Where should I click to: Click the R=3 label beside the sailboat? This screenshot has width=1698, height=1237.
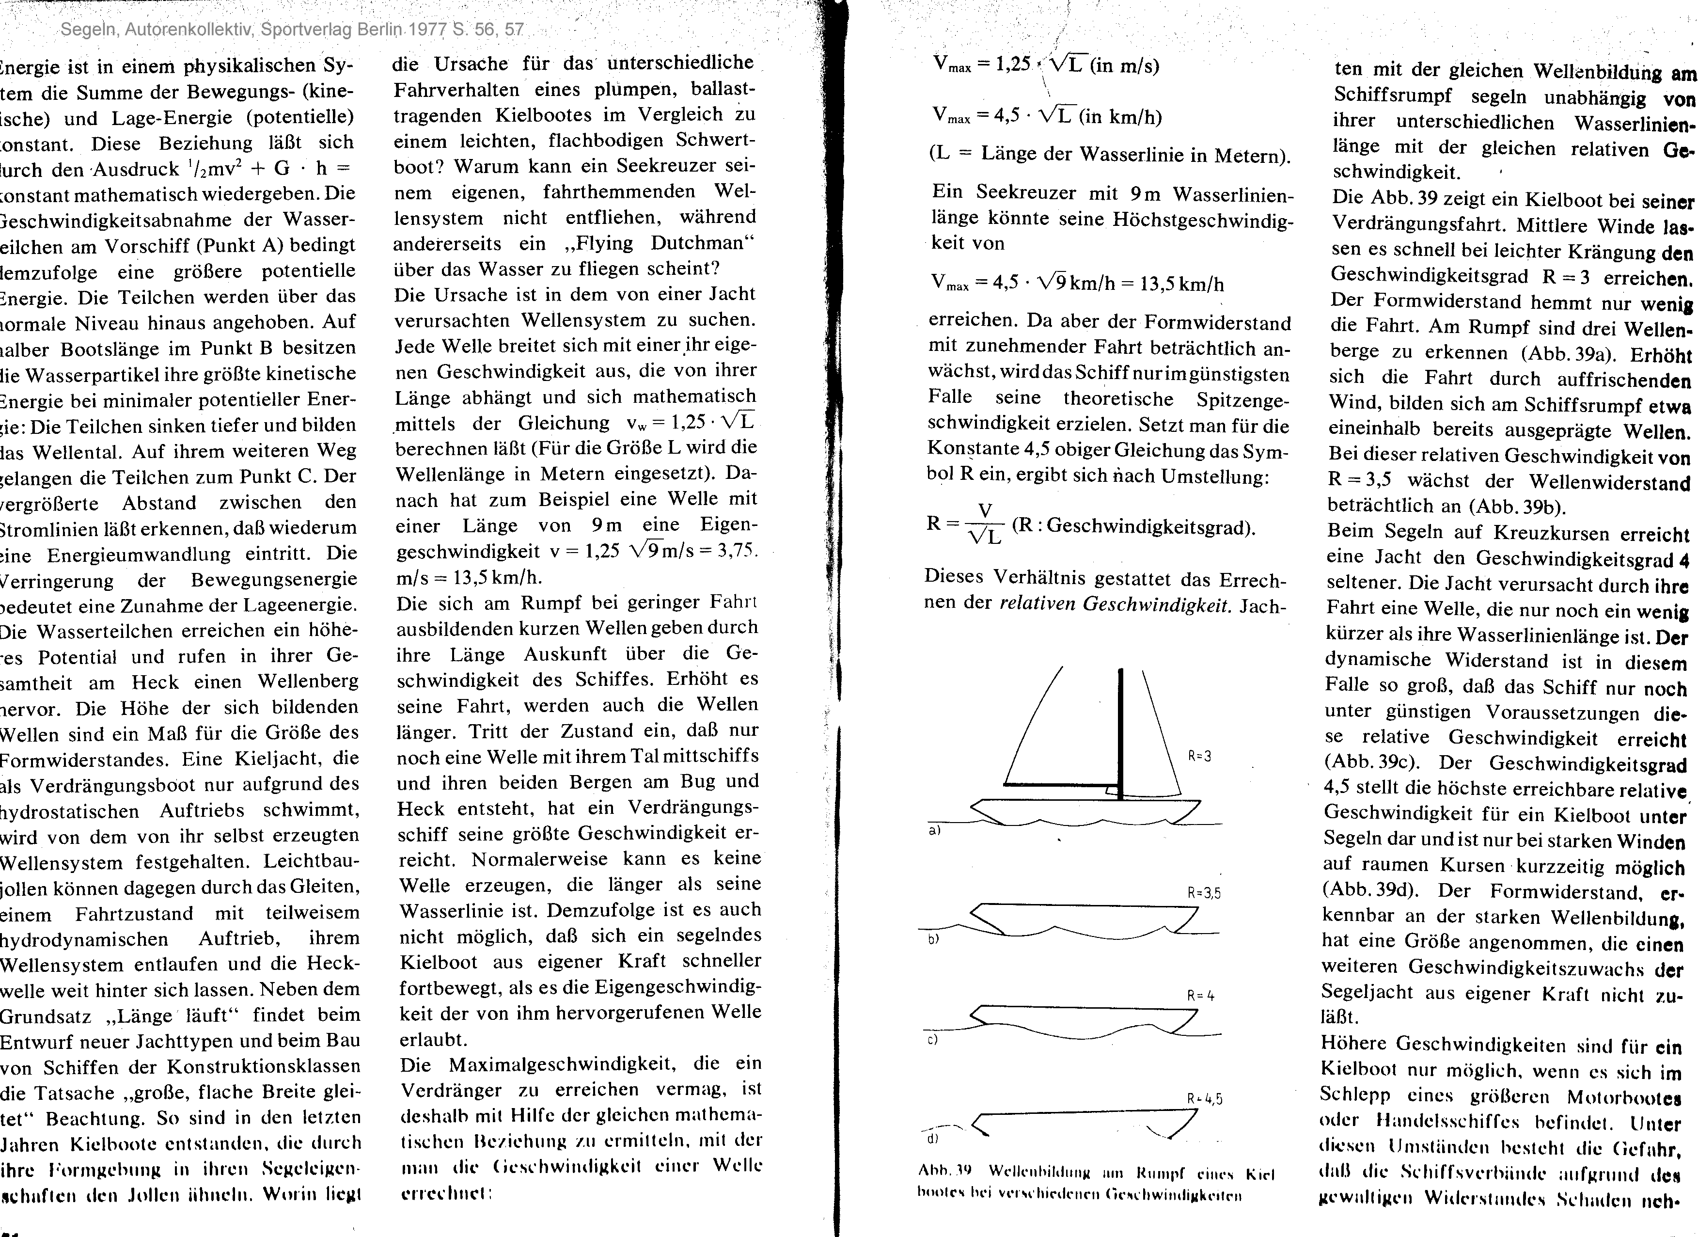(x=1199, y=756)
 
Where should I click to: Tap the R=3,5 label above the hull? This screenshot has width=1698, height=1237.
(x=1204, y=893)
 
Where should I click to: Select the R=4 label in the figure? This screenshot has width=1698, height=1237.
(x=1201, y=996)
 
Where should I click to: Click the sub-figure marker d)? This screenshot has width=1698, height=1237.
(x=932, y=1139)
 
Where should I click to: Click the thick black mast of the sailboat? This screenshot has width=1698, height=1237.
(x=1121, y=734)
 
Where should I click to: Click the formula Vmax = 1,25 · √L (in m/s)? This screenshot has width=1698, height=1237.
(x=1046, y=65)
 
